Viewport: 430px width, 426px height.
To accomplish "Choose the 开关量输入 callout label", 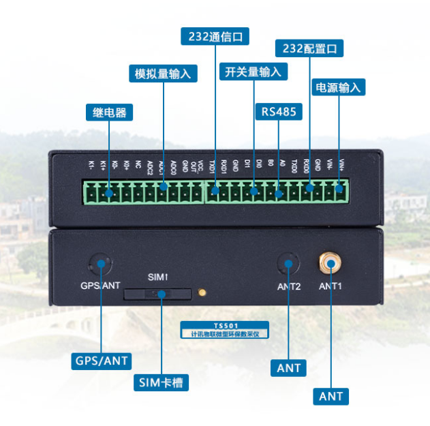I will [252, 72].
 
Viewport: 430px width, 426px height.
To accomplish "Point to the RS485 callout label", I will [279, 111].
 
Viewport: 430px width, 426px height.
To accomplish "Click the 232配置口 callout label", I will [309, 48].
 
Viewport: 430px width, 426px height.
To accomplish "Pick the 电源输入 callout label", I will [339, 87].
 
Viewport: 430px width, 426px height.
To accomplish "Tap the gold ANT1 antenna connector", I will [331, 262].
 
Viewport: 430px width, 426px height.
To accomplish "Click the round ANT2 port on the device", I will [288, 264].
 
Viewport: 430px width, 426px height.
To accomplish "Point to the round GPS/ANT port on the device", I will [100, 264].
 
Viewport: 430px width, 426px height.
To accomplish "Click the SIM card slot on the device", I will [157, 294].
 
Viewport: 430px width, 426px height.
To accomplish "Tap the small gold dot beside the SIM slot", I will [202, 293].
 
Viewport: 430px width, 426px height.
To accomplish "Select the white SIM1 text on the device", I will [157, 277].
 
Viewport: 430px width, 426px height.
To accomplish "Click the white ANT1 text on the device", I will [331, 286].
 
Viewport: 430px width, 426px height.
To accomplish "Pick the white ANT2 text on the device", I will [289, 286].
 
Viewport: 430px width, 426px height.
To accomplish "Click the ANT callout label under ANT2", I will [289, 368].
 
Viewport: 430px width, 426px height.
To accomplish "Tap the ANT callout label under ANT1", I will [331, 395].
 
